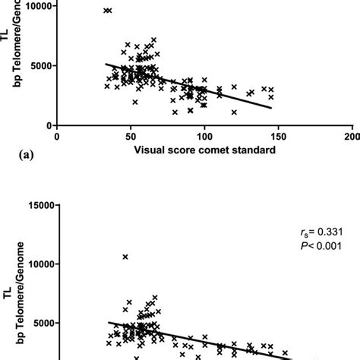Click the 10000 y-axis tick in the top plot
[36, 6]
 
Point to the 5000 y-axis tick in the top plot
[39, 66]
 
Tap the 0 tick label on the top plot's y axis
[49, 125]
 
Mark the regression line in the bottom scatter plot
[190, 339]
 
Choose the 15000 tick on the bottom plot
[36, 205]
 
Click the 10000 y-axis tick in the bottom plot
[36, 264]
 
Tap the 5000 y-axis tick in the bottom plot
[39, 323]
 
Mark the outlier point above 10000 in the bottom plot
[125, 257]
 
